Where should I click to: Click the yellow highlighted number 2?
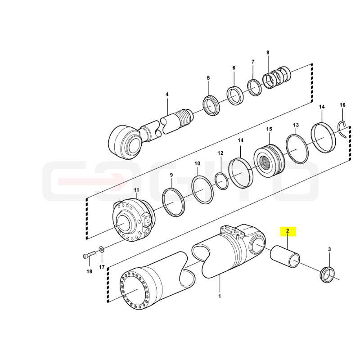point(288,231)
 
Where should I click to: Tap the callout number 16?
point(342,105)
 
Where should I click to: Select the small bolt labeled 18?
point(89,255)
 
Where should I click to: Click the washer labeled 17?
point(101,249)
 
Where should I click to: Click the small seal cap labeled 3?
point(328,274)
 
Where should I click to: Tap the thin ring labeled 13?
point(297,149)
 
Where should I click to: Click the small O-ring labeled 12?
point(221,181)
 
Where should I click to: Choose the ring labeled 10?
point(202,189)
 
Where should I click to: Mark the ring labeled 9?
point(173,202)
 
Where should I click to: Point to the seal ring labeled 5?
point(211,105)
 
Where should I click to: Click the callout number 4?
point(167,94)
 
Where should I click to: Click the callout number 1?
point(220,296)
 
